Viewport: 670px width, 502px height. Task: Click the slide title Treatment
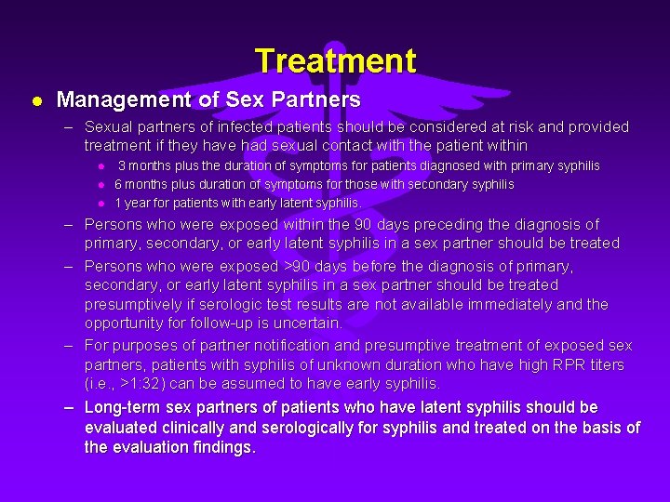click(335, 61)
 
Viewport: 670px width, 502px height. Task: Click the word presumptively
click(138, 304)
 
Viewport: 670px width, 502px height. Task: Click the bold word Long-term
click(122, 408)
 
